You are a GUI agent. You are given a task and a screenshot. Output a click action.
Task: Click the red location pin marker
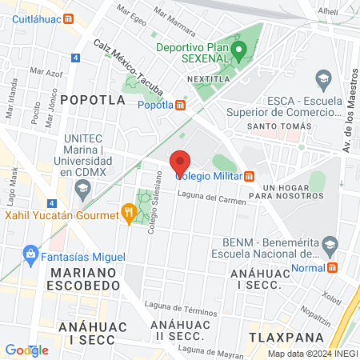click(180, 161)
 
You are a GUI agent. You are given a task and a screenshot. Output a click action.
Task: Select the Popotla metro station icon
click(181, 104)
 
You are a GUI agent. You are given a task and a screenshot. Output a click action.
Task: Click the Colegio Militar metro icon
click(250, 176)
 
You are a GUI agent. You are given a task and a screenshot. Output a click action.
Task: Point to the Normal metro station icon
click(332, 267)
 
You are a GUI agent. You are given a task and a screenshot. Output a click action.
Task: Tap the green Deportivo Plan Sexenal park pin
click(238, 54)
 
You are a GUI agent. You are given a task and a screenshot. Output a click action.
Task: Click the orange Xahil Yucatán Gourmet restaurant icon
click(127, 213)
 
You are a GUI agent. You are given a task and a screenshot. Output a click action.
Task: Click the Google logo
click(26, 350)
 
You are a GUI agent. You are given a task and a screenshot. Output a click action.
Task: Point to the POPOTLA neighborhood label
click(93, 100)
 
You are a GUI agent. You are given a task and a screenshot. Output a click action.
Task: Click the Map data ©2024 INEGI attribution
click(312, 353)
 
